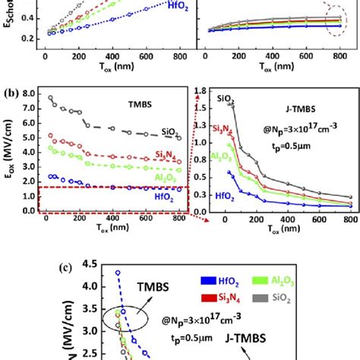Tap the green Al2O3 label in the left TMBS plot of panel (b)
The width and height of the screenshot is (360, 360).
[x=163, y=176]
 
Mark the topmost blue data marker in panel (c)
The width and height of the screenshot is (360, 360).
[x=117, y=272]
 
